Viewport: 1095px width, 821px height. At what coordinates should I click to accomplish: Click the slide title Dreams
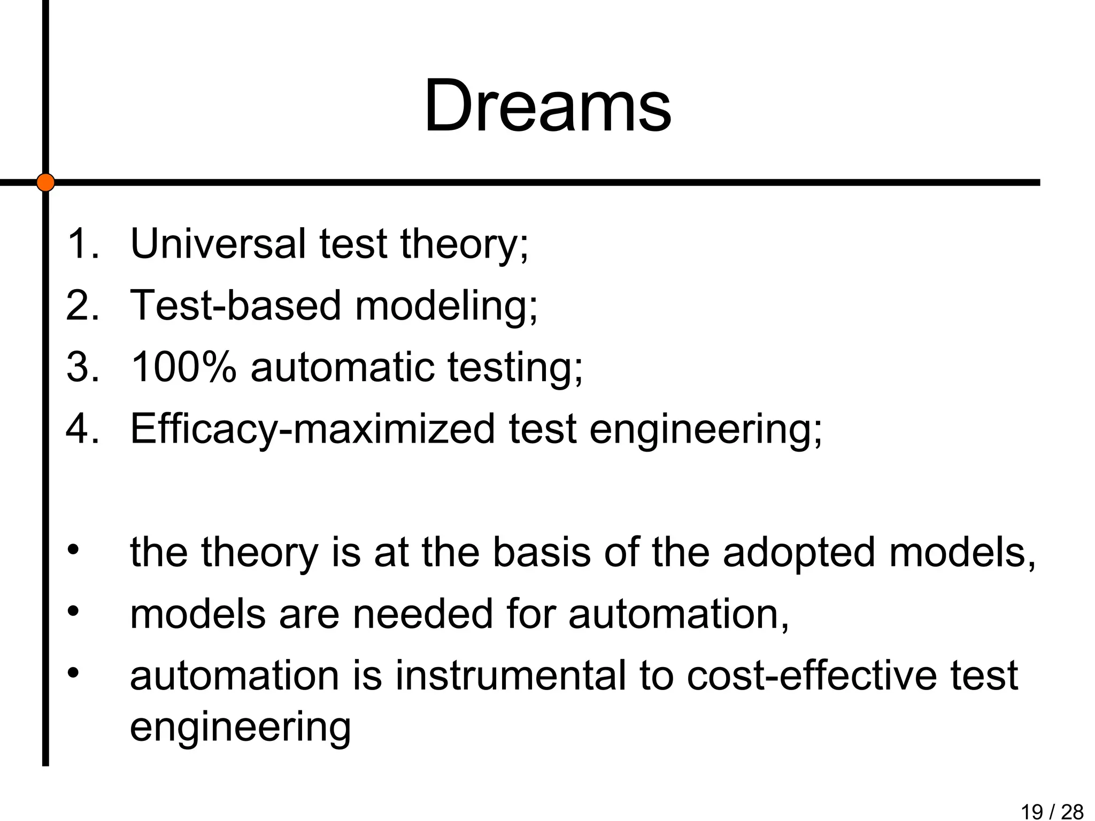(547, 106)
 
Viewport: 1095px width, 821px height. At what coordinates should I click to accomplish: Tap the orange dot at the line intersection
(45, 182)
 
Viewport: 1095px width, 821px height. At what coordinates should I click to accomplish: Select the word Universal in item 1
(218, 244)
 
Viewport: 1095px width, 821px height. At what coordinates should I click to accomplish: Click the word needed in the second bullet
(422, 614)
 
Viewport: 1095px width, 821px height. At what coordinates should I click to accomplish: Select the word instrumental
(511, 676)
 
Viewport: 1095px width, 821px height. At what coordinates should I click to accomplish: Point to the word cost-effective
(812, 676)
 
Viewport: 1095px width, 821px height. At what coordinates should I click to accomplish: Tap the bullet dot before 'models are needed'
(73, 610)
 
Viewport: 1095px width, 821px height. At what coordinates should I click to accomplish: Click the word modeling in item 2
(446, 306)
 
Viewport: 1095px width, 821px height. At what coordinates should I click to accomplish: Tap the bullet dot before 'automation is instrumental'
(73, 672)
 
